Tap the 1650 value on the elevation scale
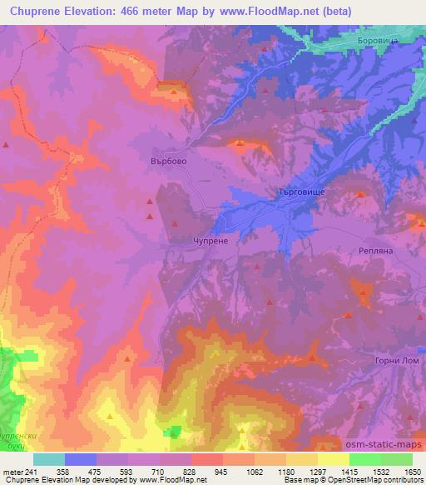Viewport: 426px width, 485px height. (412, 471)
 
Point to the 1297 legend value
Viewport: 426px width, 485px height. (305, 471)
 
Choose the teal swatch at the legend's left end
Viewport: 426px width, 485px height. (49, 459)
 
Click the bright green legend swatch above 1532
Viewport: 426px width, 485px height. (365, 459)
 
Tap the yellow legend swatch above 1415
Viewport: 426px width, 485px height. (334, 459)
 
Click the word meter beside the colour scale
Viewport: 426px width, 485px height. (12, 471)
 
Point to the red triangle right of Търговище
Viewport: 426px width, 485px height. (360, 195)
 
